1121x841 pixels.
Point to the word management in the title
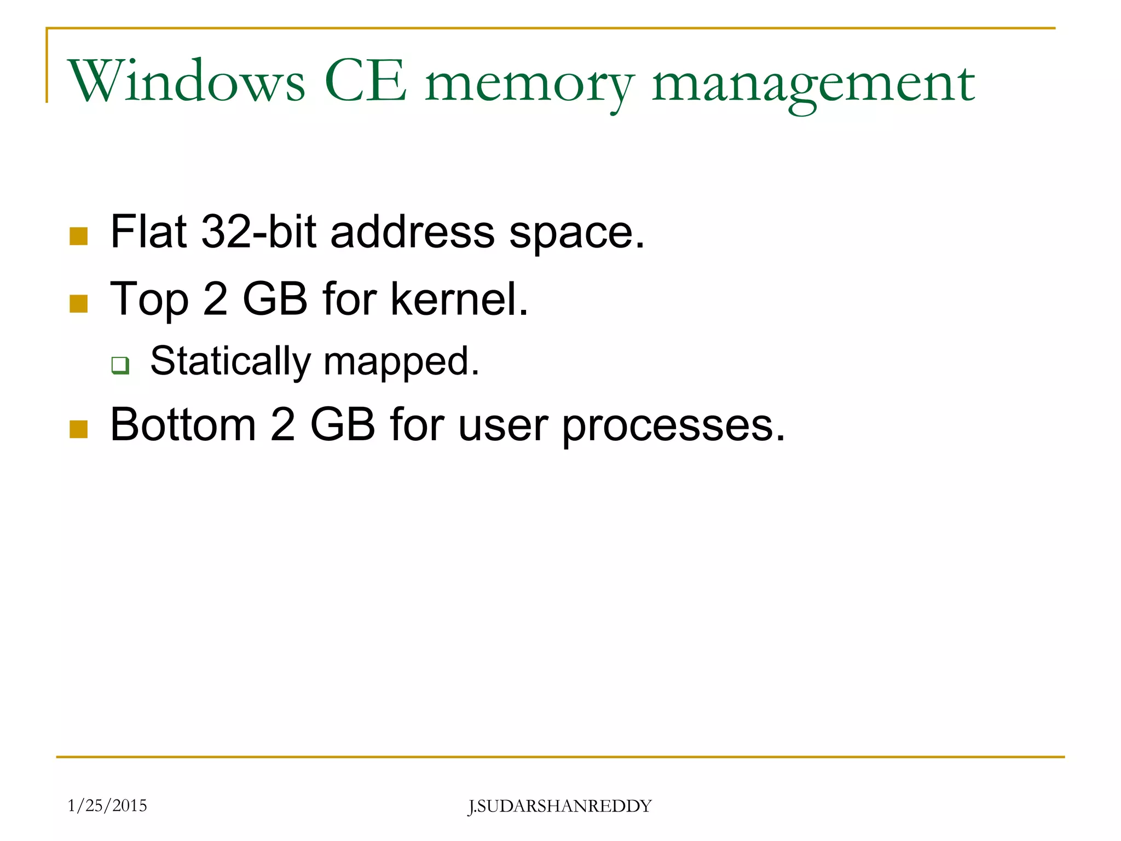click(813, 85)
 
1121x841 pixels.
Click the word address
click(413, 232)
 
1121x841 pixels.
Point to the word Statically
click(230, 362)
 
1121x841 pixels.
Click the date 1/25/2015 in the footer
click(107, 805)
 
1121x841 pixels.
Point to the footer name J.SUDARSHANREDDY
click(560, 807)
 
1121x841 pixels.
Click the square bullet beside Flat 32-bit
click(79, 237)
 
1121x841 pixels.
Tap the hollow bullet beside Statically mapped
click(120, 365)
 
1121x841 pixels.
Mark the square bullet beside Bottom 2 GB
click(79, 429)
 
